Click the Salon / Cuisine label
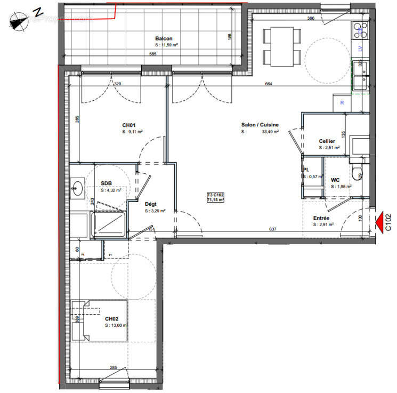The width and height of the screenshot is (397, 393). click(x=260, y=125)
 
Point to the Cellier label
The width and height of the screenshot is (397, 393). click(x=327, y=141)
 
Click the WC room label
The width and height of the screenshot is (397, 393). click(x=336, y=180)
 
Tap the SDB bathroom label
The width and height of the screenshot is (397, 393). click(x=107, y=183)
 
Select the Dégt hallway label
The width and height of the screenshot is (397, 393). click(x=151, y=204)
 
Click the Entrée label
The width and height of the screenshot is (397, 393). click(x=321, y=218)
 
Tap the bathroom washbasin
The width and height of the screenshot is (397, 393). click(x=78, y=187)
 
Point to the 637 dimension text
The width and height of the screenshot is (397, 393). click(x=272, y=230)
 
